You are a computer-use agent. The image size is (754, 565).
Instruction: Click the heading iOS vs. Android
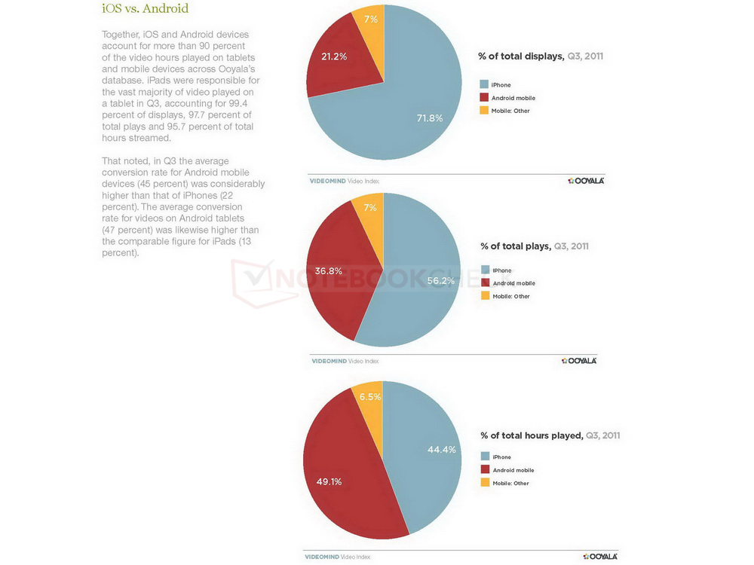click(x=145, y=10)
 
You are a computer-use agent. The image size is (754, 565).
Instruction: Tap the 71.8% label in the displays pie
click(x=430, y=118)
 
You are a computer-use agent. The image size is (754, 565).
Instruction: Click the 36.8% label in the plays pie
click(x=329, y=270)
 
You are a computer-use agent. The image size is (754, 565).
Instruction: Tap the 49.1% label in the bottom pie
click(x=329, y=481)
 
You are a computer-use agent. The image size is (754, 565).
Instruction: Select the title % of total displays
click(x=541, y=56)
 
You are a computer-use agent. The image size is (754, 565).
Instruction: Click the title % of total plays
click(x=535, y=246)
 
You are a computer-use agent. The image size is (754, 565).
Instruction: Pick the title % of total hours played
click(x=550, y=435)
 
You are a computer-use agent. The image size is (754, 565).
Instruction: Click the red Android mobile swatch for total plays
click(x=485, y=283)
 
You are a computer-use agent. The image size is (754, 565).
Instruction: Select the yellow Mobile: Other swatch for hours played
click(x=485, y=483)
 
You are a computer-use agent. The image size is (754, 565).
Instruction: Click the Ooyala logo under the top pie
click(x=586, y=181)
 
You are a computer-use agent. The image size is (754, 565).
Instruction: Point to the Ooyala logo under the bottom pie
click(x=599, y=557)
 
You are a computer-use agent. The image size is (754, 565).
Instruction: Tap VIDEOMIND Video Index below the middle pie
click(x=345, y=362)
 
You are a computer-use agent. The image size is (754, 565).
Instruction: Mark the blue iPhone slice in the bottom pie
click(x=426, y=467)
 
